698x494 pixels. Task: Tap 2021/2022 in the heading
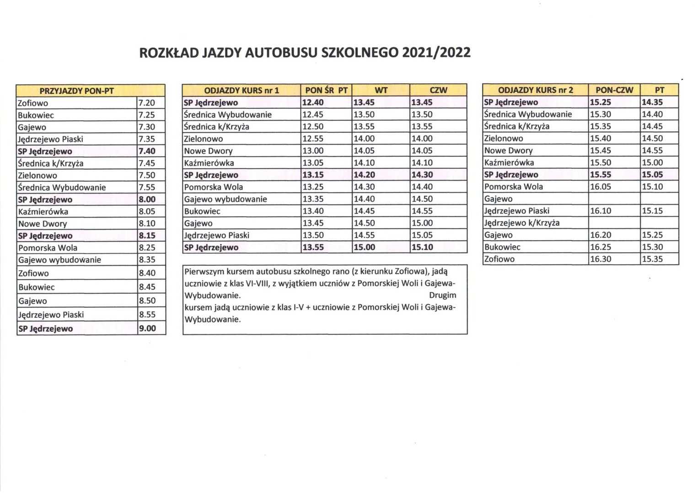point(436,53)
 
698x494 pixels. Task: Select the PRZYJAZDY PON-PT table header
point(76,91)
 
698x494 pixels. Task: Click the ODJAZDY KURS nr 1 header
point(241,90)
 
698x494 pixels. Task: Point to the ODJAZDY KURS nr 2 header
point(535,90)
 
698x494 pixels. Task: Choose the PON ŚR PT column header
point(326,90)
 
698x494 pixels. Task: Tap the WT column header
point(381,90)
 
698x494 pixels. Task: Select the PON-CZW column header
point(614,90)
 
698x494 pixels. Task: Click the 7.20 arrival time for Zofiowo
point(146,103)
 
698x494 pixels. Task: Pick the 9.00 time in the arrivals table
point(147,328)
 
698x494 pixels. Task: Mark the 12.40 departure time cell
point(313,102)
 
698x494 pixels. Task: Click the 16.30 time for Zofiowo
point(601,259)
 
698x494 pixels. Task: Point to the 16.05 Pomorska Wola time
point(601,187)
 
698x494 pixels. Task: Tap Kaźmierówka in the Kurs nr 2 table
point(509,162)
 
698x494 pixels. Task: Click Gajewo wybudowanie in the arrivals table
point(59,260)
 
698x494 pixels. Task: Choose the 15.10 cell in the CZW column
point(422,247)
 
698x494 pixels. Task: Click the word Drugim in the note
point(442,295)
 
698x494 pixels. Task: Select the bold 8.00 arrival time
point(147,199)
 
